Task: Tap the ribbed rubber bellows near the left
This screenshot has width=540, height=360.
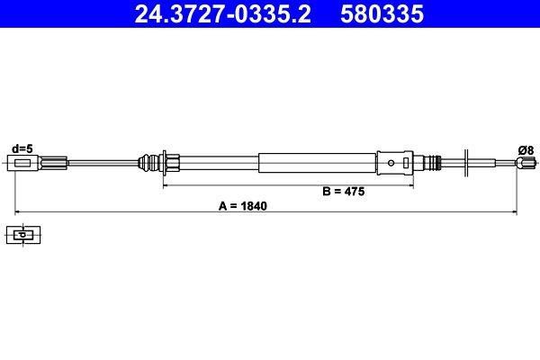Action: tap(148, 163)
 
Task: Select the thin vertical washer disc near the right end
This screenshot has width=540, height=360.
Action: tap(466, 163)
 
